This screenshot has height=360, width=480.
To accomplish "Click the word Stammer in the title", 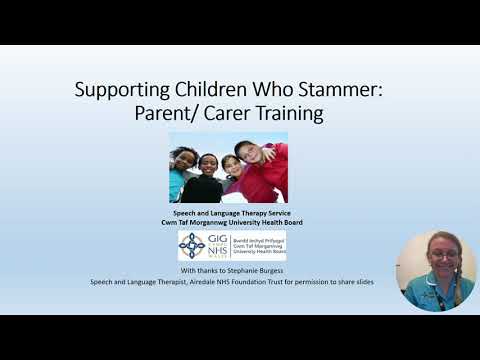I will [x=346, y=90].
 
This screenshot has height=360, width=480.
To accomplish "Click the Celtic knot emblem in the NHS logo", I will [x=191, y=245].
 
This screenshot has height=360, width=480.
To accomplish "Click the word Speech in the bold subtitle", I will [x=185, y=213].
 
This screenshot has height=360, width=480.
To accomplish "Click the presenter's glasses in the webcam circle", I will [x=442, y=255].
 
